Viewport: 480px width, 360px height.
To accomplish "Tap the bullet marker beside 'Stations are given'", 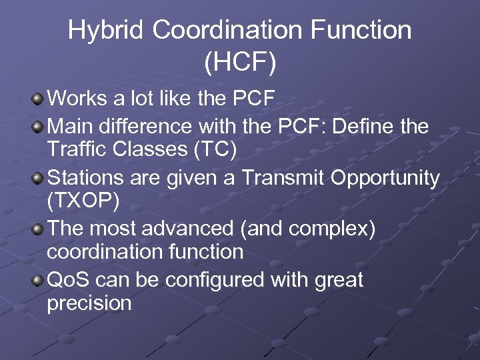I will (38, 179).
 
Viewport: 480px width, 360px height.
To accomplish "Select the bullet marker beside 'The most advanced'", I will (38, 229).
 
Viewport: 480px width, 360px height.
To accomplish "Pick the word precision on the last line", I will (89, 304).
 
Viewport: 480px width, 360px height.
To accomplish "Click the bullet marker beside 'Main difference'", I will (38, 125).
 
